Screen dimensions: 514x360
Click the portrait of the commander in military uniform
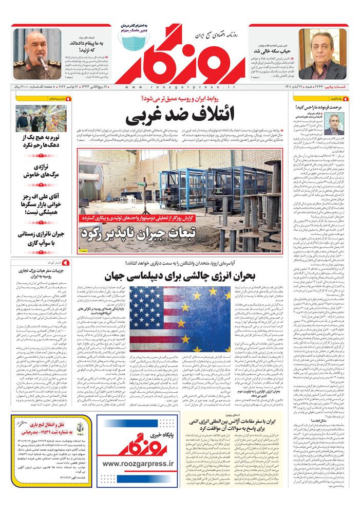pyautogui.click(x=36, y=54)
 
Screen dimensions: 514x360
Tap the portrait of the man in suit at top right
pyautogui.click(x=323, y=54)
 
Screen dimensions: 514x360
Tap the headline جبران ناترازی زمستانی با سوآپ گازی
pyautogui.click(x=39, y=238)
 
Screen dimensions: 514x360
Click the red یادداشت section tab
pyautogui.click(x=342, y=97)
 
